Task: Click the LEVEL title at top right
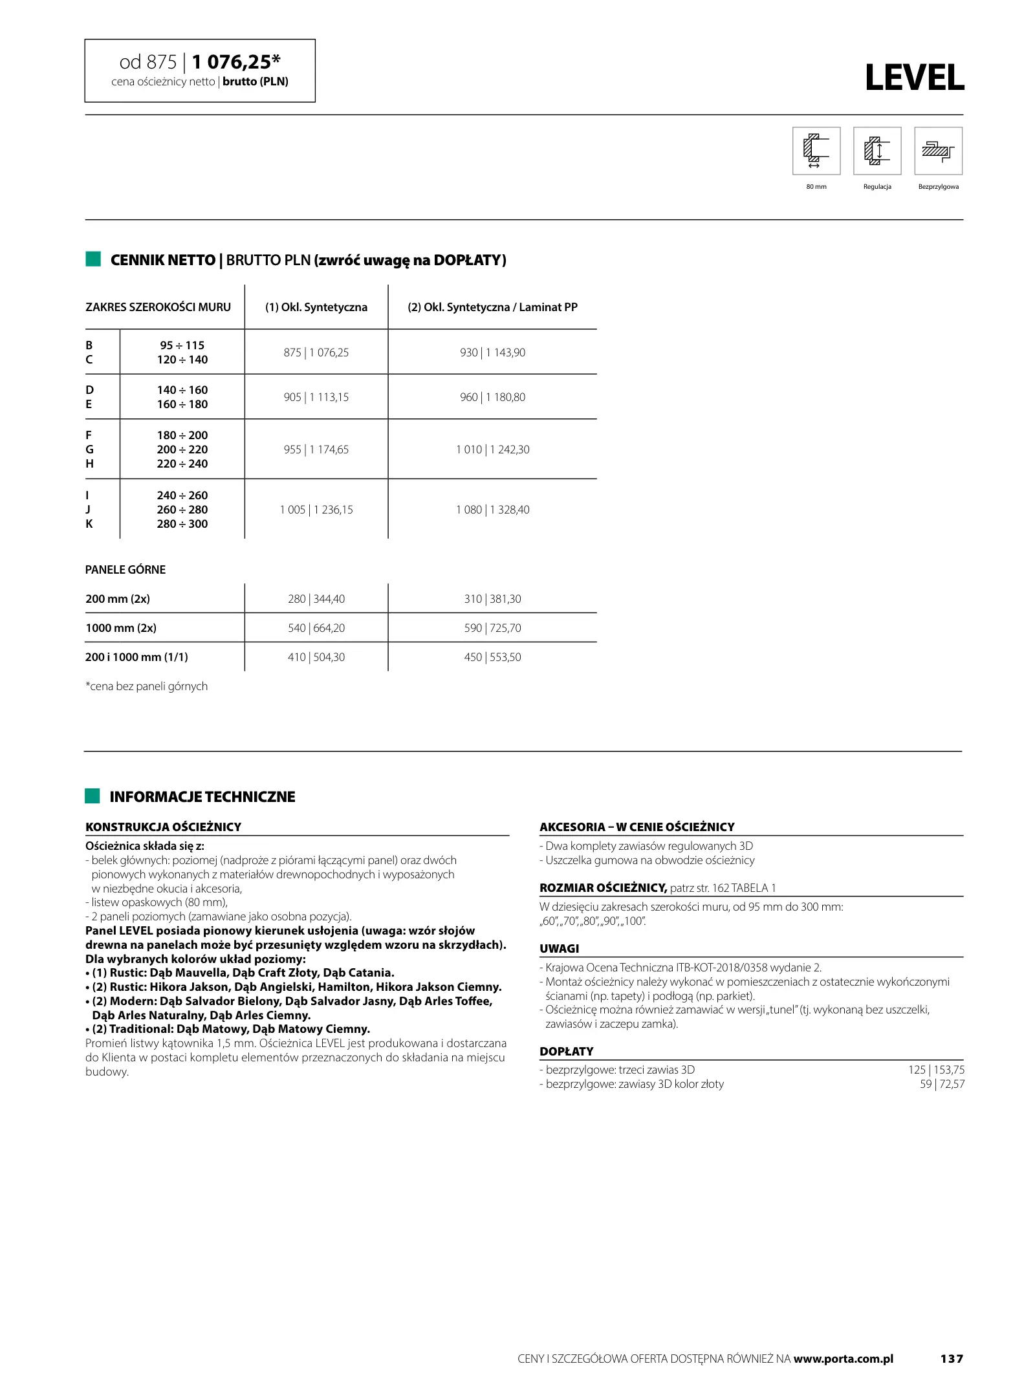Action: pos(913,78)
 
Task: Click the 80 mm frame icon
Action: pos(816,151)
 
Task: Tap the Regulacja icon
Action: pos(877,151)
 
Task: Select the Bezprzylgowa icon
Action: pos(938,151)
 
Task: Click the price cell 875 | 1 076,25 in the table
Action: pos(316,352)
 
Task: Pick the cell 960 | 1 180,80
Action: pos(492,397)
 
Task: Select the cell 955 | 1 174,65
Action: pos(316,449)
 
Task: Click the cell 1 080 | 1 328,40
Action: pos(492,510)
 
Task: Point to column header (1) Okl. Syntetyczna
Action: pos(316,307)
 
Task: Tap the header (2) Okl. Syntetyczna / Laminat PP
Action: pos(492,307)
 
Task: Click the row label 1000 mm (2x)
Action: pos(121,628)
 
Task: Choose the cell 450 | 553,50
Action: pos(492,657)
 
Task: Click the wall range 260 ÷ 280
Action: pos(182,510)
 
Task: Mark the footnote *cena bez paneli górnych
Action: pos(147,686)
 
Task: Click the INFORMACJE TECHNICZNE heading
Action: pos(202,797)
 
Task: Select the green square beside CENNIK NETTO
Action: pos(93,259)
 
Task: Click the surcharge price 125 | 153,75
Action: pos(936,1070)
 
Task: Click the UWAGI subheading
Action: pos(560,949)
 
